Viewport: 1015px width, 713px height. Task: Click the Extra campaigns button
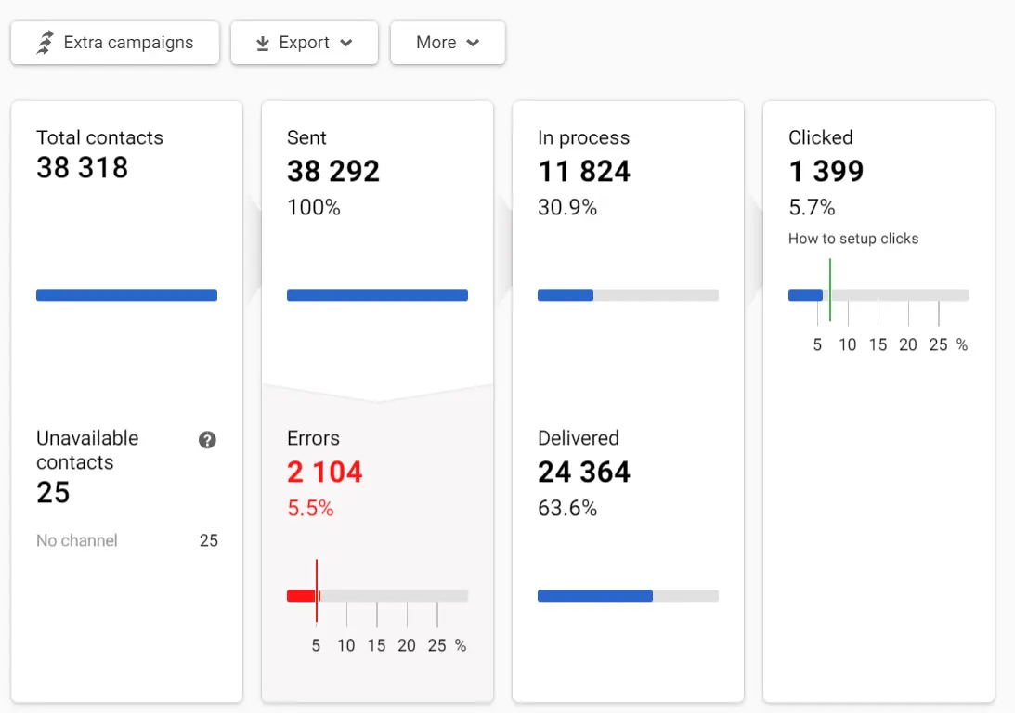[115, 43]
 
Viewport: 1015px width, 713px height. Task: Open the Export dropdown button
[305, 43]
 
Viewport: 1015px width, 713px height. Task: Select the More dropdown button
[448, 43]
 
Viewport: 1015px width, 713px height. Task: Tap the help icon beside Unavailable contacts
[207, 440]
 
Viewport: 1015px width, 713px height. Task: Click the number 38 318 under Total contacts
[82, 168]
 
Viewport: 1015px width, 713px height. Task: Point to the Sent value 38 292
[333, 171]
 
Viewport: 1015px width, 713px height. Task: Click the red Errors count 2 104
[324, 472]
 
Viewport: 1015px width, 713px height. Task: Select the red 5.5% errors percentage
[310, 508]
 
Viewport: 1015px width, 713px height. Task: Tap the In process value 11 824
[584, 171]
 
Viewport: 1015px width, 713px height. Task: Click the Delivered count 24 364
[584, 472]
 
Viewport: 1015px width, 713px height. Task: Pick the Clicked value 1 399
[826, 171]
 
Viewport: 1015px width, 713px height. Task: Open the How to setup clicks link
[853, 239]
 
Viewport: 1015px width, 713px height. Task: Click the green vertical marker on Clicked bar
[830, 289]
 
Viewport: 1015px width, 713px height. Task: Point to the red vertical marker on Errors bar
[317, 590]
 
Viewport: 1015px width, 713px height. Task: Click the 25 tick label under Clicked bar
[938, 344]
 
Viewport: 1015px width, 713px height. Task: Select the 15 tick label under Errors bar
[376, 645]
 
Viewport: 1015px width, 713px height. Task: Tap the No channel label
[77, 540]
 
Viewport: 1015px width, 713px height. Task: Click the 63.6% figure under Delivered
[567, 508]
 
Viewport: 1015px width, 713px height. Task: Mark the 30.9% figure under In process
[567, 207]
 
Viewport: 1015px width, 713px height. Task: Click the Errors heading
[313, 438]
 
